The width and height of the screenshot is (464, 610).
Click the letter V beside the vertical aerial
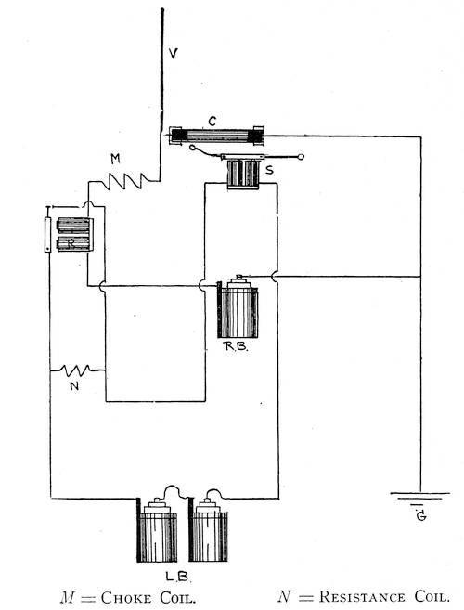click(x=174, y=53)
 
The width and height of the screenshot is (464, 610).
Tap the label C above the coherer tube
click(x=212, y=122)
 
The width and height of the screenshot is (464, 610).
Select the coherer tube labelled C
click(x=216, y=136)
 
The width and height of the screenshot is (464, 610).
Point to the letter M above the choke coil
click(x=115, y=159)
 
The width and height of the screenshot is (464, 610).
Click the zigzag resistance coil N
click(x=77, y=370)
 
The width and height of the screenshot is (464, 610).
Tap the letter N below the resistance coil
click(x=74, y=386)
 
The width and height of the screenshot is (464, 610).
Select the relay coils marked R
click(x=74, y=235)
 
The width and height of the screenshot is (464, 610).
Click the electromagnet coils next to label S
click(x=243, y=175)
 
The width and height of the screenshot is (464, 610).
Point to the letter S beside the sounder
click(x=269, y=170)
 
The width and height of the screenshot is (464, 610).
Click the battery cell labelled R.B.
click(x=238, y=306)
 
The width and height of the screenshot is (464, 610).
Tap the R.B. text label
click(x=236, y=346)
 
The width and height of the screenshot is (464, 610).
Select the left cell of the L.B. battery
click(x=157, y=530)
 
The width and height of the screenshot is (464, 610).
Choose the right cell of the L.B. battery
click(x=208, y=530)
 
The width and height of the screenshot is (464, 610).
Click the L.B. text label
click(x=178, y=577)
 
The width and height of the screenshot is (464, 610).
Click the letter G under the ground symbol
click(x=421, y=516)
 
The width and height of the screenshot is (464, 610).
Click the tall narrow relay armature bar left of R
click(x=48, y=235)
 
